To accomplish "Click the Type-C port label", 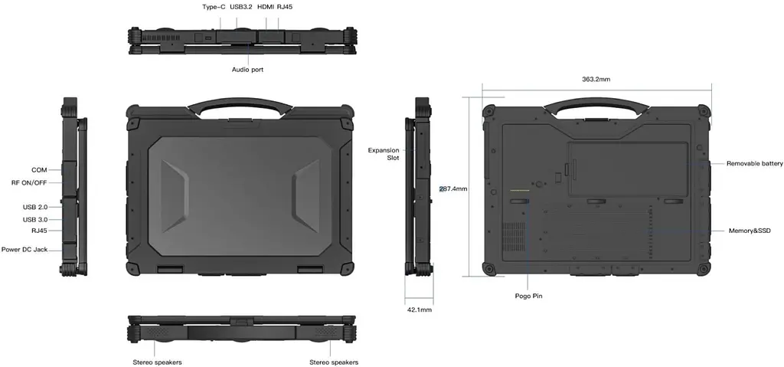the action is pyautogui.click(x=214, y=7).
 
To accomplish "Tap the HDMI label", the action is pyautogui.click(x=266, y=7).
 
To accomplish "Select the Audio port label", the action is pyautogui.click(x=247, y=70).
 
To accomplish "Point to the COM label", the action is pyautogui.click(x=39, y=170).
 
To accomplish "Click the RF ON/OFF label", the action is pyautogui.click(x=29, y=183).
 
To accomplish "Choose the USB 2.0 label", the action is pyautogui.click(x=35, y=207).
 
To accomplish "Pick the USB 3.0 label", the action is pyautogui.click(x=35, y=219).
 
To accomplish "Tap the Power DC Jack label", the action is pyautogui.click(x=24, y=249).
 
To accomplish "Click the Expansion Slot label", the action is pyautogui.click(x=384, y=154).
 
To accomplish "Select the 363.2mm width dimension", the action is pyautogui.click(x=596, y=79).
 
